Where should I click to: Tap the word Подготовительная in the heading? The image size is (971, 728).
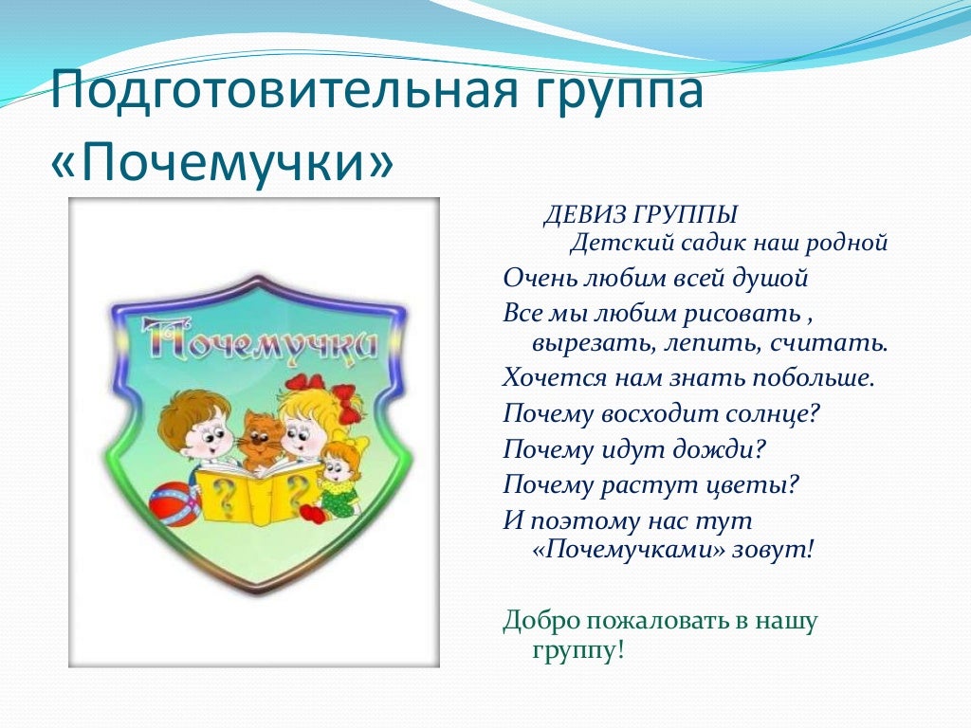[x=284, y=90]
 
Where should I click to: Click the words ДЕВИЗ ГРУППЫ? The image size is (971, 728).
[x=640, y=215]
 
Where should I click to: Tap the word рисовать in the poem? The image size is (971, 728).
[x=742, y=314]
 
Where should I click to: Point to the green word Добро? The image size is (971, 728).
[x=540, y=620]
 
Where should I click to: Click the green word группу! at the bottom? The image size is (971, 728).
[x=577, y=651]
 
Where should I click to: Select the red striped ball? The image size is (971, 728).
[x=173, y=503]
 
